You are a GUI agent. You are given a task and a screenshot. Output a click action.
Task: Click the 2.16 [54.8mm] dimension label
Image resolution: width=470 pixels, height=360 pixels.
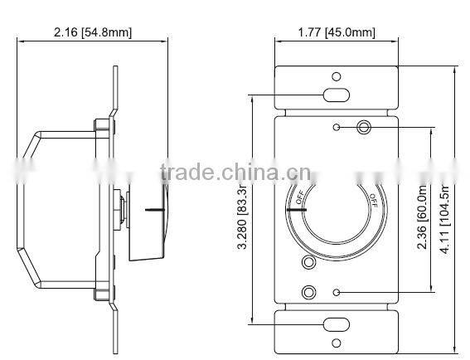point(92,32)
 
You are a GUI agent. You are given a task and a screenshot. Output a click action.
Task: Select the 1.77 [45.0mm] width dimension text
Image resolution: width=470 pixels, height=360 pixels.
point(336,32)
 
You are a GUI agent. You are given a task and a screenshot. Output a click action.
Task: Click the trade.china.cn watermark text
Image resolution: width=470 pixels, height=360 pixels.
point(234,173)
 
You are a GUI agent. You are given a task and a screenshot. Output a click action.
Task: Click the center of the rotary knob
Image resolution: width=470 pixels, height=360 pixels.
point(336,210)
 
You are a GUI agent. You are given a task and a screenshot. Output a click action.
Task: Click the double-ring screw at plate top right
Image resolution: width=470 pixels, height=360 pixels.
point(362,127)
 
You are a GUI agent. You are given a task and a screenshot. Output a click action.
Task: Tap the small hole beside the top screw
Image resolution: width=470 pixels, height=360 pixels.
point(336,127)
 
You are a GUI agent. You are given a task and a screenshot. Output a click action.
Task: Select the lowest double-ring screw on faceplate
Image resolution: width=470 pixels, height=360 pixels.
point(309,292)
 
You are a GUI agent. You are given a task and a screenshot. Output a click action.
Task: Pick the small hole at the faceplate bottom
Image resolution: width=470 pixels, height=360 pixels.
point(336,292)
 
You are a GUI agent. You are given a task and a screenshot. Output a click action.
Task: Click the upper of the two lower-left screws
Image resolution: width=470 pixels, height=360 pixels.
point(309,264)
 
